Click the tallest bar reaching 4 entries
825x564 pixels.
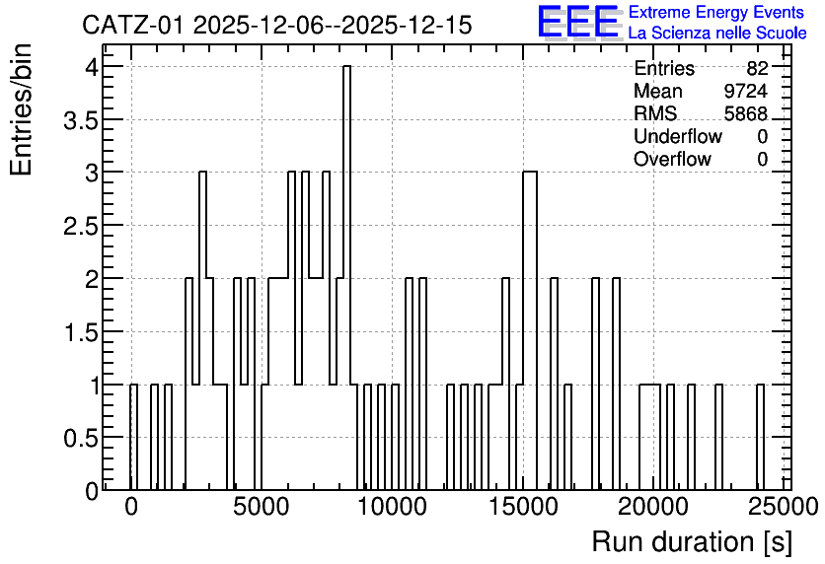click(346, 278)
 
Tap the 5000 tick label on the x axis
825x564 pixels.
click(262, 507)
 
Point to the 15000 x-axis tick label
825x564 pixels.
click(523, 507)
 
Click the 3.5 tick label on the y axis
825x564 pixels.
click(81, 120)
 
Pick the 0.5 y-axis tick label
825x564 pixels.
click(81, 439)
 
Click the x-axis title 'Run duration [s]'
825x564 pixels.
click(692, 542)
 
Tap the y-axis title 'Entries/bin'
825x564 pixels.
click(22, 109)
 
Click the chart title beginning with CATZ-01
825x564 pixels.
click(276, 25)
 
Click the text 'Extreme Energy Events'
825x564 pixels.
click(716, 12)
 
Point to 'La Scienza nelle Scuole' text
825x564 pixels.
click(717, 33)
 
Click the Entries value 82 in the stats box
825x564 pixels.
click(757, 68)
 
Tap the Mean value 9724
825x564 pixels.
click(745, 91)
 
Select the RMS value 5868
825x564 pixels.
click(745, 113)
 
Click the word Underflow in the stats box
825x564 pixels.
click(678, 136)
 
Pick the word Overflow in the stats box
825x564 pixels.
click(672, 159)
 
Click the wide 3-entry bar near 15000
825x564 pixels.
click(529, 331)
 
